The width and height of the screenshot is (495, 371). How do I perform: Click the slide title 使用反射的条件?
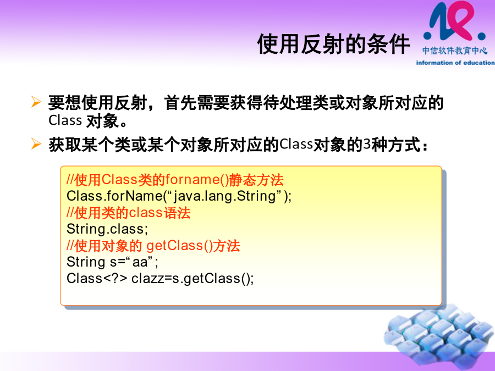click(x=333, y=44)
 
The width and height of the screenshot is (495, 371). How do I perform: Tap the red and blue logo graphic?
click(x=454, y=21)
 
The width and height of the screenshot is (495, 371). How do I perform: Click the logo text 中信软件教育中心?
click(x=455, y=51)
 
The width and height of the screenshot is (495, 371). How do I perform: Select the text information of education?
click(x=455, y=63)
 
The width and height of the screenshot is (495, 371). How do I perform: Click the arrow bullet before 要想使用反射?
click(x=36, y=102)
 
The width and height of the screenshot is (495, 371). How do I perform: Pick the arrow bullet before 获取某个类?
click(x=36, y=144)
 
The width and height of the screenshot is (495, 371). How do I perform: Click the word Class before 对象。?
click(x=65, y=120)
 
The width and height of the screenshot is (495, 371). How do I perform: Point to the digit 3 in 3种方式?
click(x=366, y=144)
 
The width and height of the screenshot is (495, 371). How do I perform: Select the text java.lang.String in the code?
click(x=225, y=196)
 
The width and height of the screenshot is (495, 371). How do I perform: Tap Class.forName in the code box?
click(x=114, y=196)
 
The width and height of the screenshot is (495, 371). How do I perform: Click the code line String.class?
click(x=107, y=229)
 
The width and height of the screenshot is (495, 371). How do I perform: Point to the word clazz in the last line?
click(x=147, y=278)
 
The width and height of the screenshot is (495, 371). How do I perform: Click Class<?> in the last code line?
click(x=97, y=278)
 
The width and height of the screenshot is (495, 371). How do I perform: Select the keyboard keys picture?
click(x=439, y=336)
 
